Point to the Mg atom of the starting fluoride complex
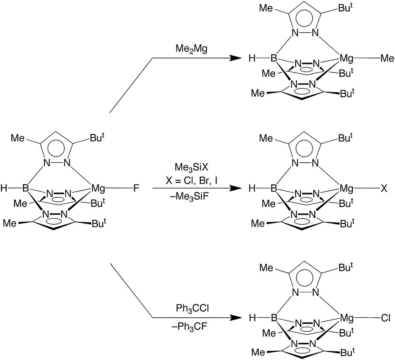click(x=99, y=188)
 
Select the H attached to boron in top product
click(x=253, y=59)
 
